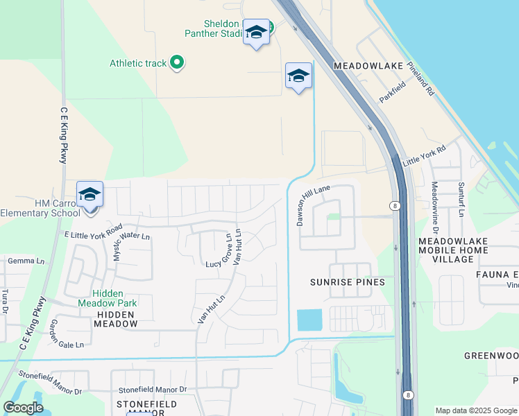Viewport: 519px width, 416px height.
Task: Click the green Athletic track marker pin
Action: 177,63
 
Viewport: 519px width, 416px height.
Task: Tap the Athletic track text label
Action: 138,63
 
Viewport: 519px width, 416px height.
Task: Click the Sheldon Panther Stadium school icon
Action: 256,32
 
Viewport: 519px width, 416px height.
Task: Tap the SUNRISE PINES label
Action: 347,283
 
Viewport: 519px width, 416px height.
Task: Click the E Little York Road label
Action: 93,232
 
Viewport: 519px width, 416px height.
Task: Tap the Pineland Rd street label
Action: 420,81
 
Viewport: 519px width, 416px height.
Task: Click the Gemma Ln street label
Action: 26,261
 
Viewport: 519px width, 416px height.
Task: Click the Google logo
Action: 24,407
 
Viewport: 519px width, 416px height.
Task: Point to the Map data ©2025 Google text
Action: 476,410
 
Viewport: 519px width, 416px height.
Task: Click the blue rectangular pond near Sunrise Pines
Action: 309,320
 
